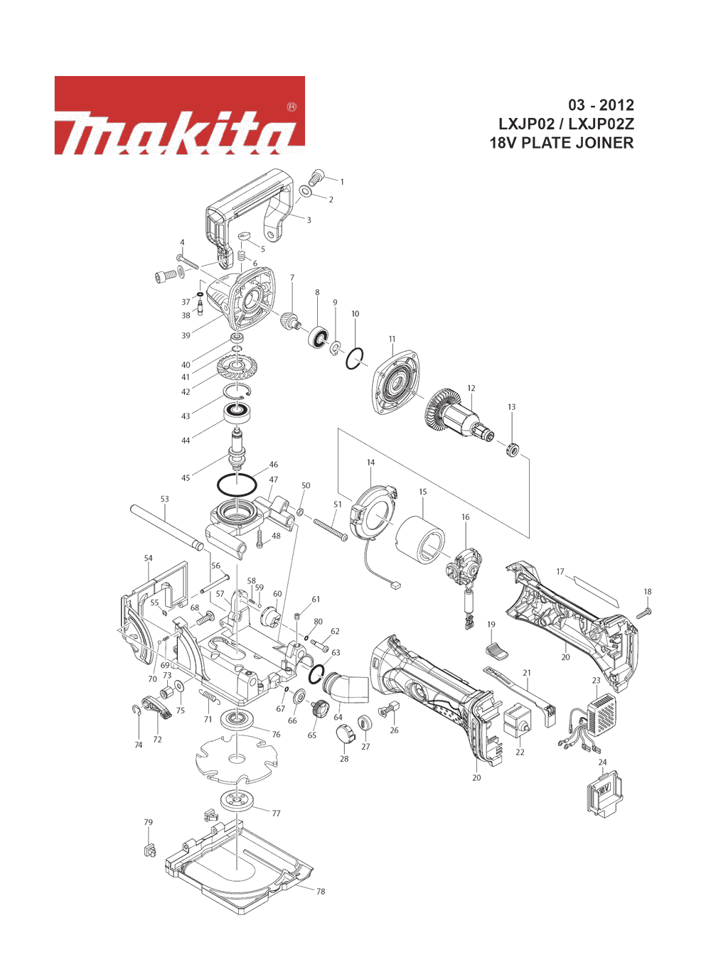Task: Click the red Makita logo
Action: (180, 115)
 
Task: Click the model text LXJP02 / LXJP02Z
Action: (566, 124)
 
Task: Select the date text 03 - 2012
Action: (601, 105)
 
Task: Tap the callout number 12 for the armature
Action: (471, 388)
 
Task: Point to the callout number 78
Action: (321, 891)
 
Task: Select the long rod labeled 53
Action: (167, 527)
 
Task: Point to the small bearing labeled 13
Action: (512, 450)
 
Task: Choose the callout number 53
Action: (164, 499)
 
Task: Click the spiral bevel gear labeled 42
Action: (236, 367)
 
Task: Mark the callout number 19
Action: (491, 625)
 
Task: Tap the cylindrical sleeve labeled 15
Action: (420, 541)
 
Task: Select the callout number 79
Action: (148, 822)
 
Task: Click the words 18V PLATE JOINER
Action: (562, 143)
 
